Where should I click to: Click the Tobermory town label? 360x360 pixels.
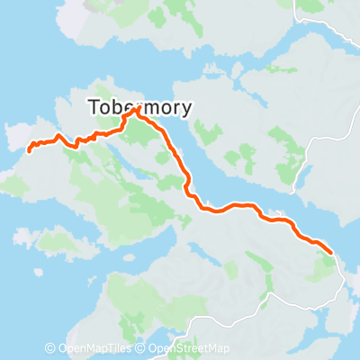pos(141,107)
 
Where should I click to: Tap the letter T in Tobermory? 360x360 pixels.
pos(94,107)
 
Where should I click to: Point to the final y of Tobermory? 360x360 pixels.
pos(186,109)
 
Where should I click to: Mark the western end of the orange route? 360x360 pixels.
pos(29,150)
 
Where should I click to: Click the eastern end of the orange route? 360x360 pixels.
pos(331,253)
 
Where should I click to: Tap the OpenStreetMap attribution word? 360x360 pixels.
pos(193,348)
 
